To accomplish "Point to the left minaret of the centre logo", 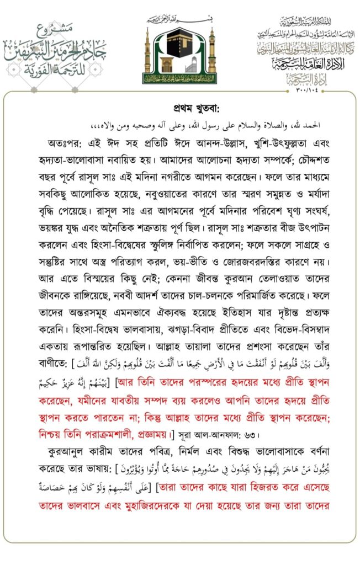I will point(148,54).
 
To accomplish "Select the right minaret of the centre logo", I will point(211,54).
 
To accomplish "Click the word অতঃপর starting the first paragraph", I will point(64,141).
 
